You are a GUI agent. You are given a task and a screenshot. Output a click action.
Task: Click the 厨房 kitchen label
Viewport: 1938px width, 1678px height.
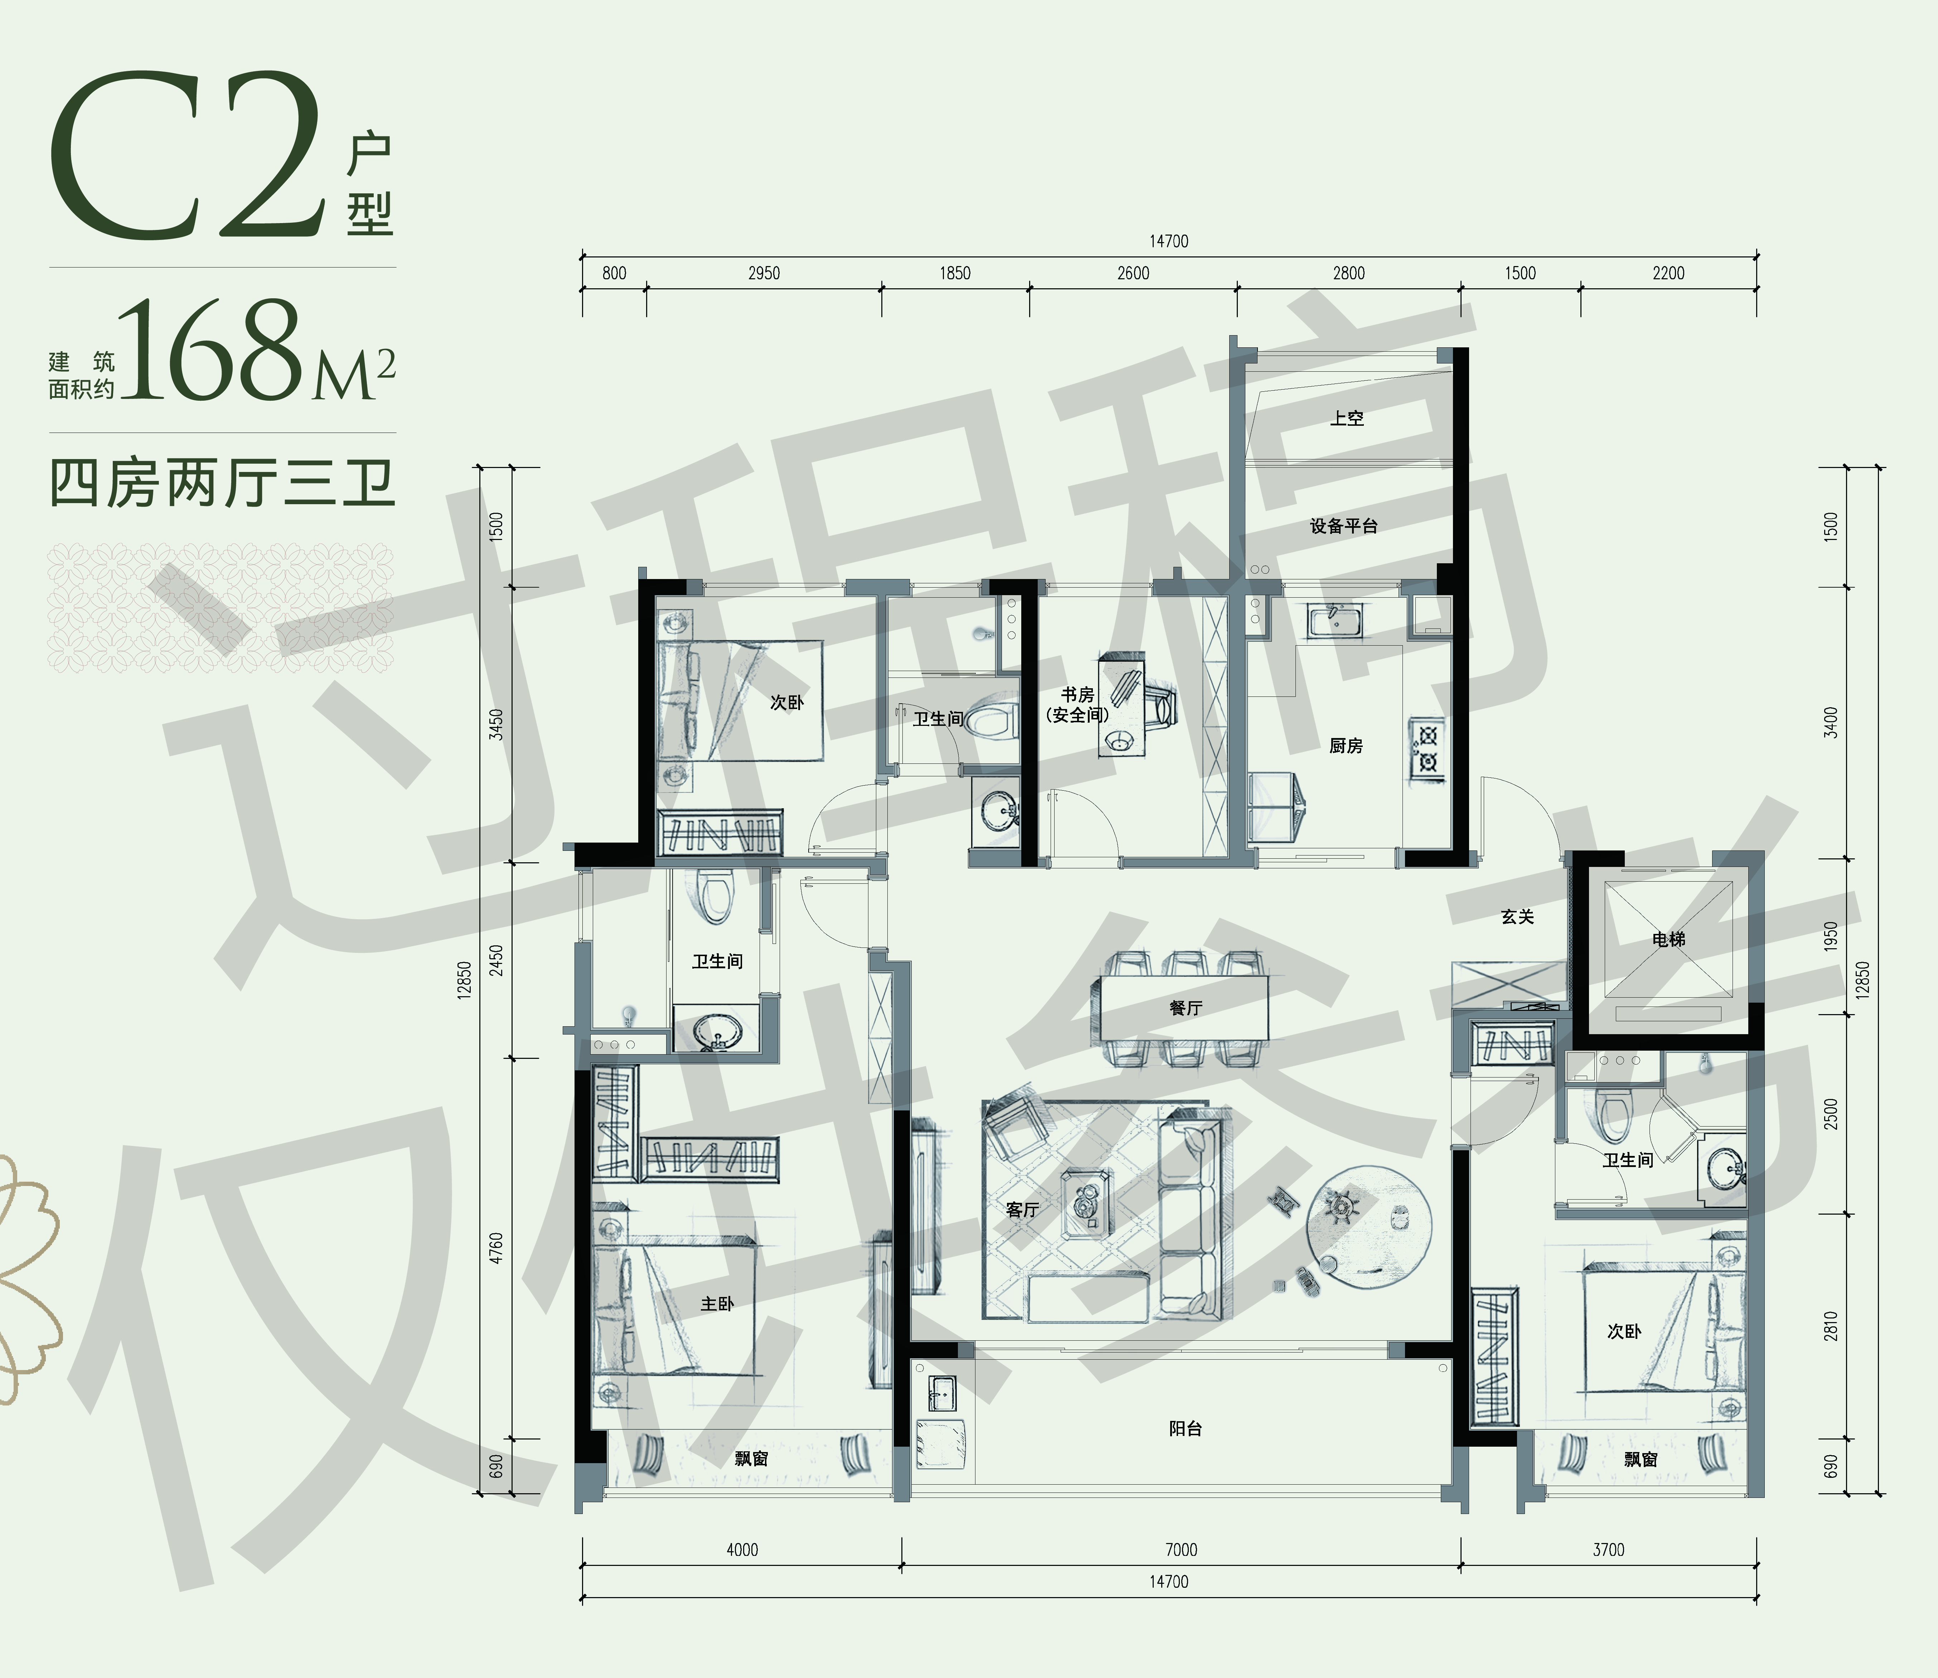click(1345, 746)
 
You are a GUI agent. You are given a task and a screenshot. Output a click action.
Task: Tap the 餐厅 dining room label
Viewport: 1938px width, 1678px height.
click(1185, 1008)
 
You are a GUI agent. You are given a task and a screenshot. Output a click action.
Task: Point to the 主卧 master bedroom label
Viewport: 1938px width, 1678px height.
click(717, 1303)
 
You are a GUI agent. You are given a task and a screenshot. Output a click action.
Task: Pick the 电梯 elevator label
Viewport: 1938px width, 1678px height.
click(1668, 938)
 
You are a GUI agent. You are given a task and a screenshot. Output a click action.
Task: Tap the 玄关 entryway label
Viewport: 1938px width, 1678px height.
click(1518, 917)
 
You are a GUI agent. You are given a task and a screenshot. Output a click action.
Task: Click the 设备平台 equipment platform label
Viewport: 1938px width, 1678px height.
click(1343, 526)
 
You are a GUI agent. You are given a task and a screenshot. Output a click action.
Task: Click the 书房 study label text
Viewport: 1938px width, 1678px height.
click(1077, 695)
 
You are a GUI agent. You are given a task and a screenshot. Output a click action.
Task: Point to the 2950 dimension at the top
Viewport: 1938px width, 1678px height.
click(764, 274)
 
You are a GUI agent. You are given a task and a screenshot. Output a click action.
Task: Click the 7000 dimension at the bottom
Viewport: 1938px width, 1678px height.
click(1182, 1550)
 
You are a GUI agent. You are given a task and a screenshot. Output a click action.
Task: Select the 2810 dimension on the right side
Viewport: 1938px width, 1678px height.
click(1831, 1326)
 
